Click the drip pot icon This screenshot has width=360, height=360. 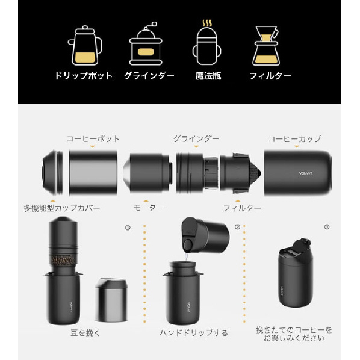(x=85, y=45)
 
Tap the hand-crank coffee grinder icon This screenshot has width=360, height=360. (x=146, y=43)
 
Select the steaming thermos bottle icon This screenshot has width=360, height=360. (x=207, y=43)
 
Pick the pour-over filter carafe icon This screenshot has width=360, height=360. (x=266, y=46)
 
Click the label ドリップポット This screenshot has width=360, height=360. (x=84, y=76)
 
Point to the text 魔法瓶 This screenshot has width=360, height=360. (x=208, y=76)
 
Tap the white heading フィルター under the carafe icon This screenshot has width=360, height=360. (x=270, y=76)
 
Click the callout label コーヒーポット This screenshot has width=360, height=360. (x=93, y=139)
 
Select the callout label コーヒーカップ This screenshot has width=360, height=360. (x=295, y=139)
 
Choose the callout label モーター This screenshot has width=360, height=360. (x=149, y=208)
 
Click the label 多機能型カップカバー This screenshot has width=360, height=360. (x=62, y=208)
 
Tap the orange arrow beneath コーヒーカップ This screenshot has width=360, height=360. (x=297, y=146)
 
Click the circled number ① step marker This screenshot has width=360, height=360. (x=128, y=228)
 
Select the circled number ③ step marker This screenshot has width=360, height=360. (x=327, y=227)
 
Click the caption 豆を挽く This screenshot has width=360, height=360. (x=85, y=333)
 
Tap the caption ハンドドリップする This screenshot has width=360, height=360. (x=194, y=333)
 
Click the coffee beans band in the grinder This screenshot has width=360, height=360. (x=63, y=260)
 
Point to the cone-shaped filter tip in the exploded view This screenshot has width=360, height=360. (x=255, y=172)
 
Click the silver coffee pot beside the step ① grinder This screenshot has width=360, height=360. (x=111, y=300)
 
